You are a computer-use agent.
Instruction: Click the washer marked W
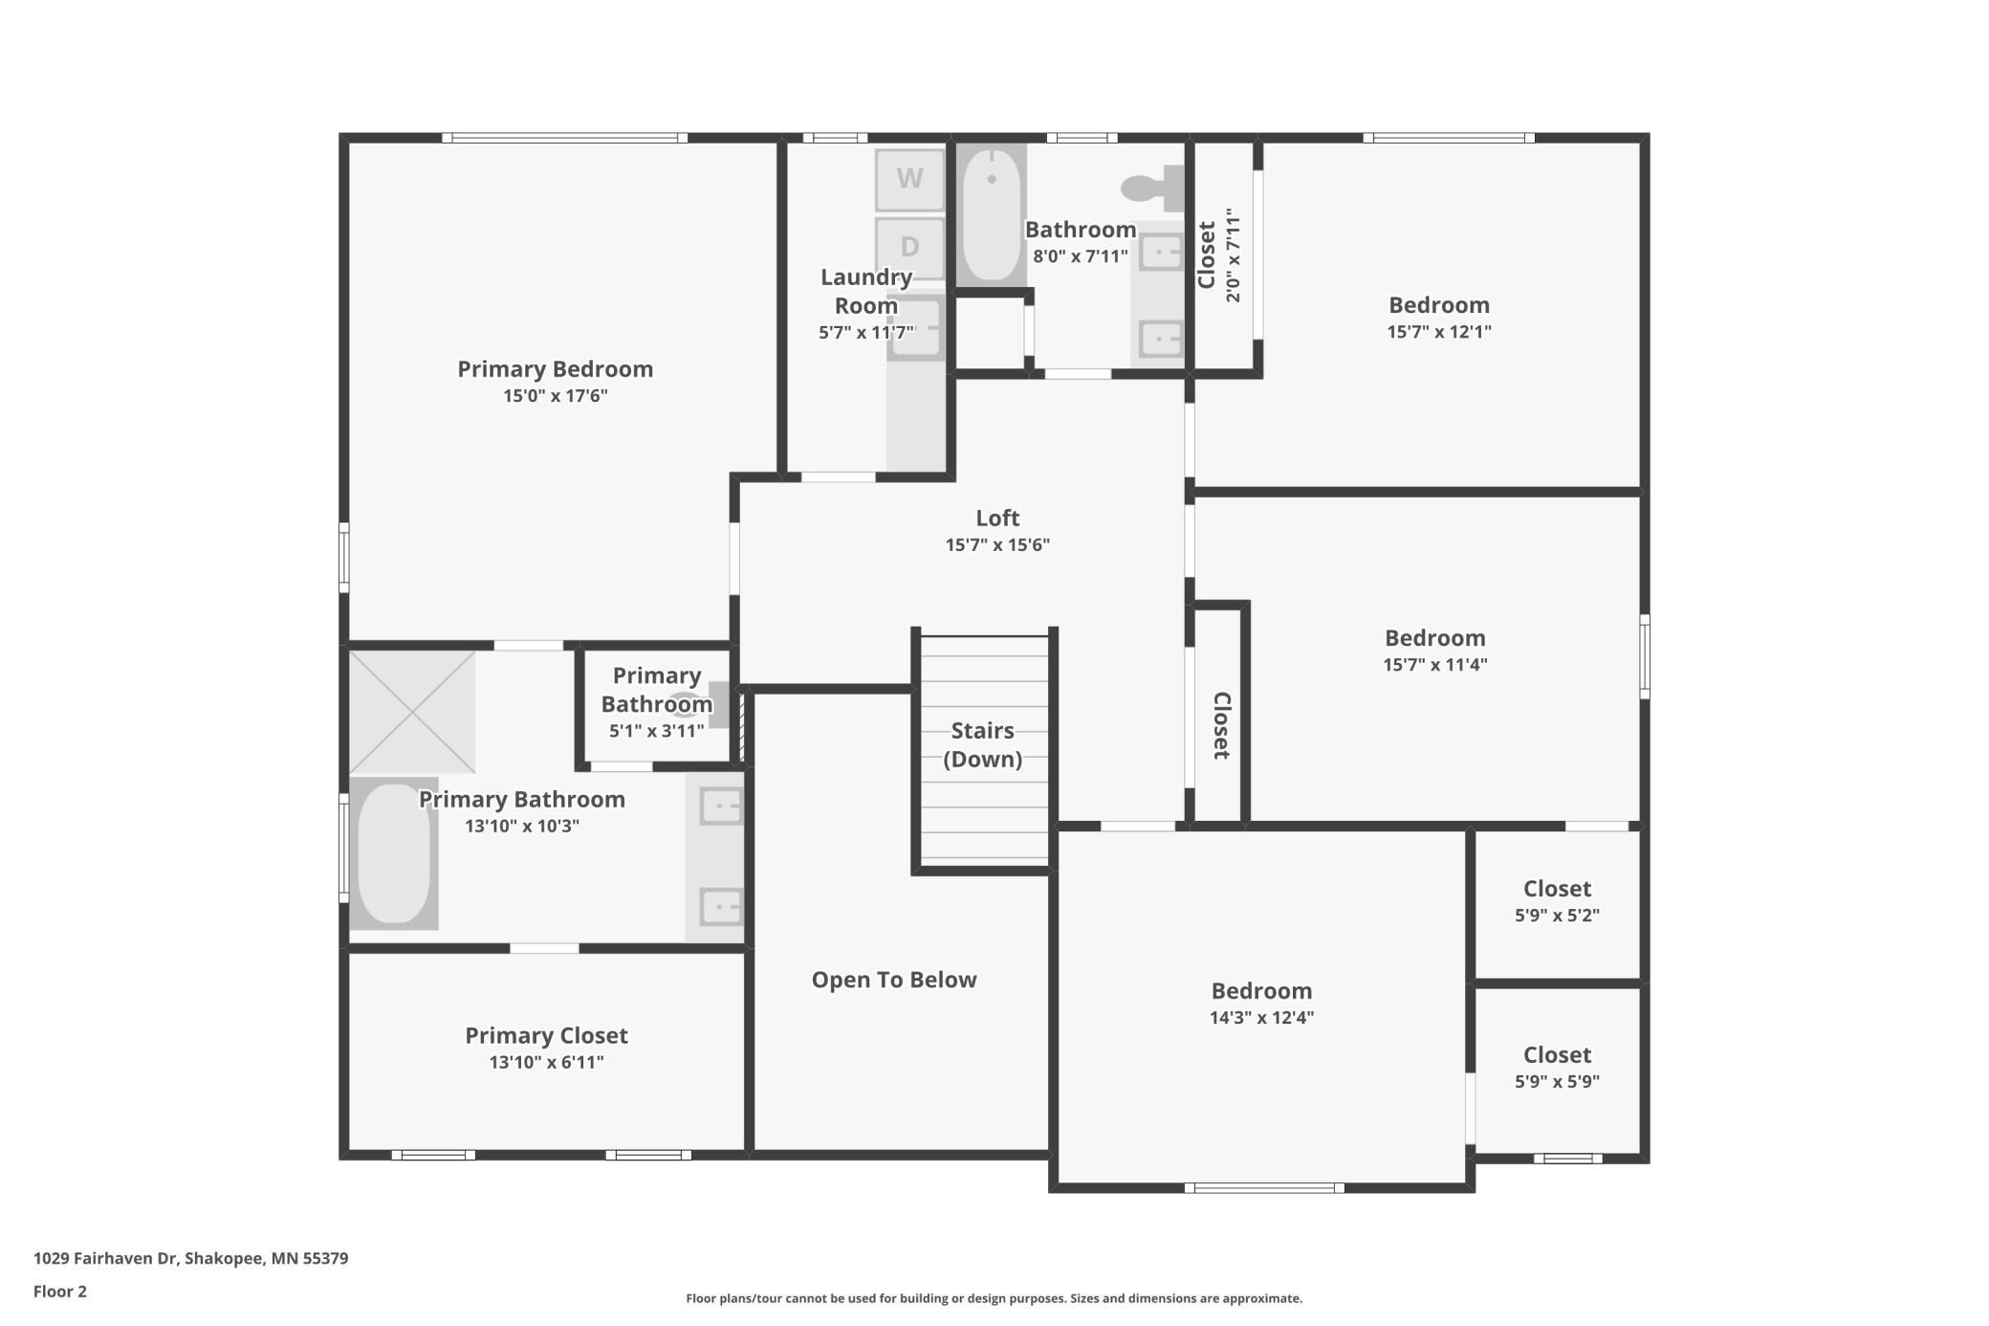point(909,179)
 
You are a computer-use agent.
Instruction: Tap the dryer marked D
point(909,248)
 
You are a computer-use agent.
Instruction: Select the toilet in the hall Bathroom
point(1153,188)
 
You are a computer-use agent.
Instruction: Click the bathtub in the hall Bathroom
point(992,214)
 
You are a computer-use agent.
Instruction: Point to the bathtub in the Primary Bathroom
point(394,853)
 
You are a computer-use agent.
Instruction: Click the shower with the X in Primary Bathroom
point(412,712)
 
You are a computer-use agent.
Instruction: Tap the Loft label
point(997,518)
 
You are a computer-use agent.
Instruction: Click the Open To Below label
point(894,980)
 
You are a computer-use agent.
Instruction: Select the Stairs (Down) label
point(983,744)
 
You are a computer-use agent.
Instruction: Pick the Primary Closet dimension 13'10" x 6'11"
point(547,1062)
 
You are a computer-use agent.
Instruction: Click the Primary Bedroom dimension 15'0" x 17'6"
point(556,396)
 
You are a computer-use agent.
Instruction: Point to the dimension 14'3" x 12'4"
point(1262,1018)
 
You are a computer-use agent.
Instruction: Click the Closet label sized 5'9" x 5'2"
point(1557,889)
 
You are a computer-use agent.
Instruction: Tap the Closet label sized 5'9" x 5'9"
point(1557,1055)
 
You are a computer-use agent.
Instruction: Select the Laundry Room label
point(866,291)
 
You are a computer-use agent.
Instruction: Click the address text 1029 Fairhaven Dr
point(106,1258)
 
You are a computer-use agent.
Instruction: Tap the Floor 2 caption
point(60,1292)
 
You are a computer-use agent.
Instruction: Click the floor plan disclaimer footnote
point(994,1298)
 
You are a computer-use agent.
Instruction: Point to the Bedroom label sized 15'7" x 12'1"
point(1439,305)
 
